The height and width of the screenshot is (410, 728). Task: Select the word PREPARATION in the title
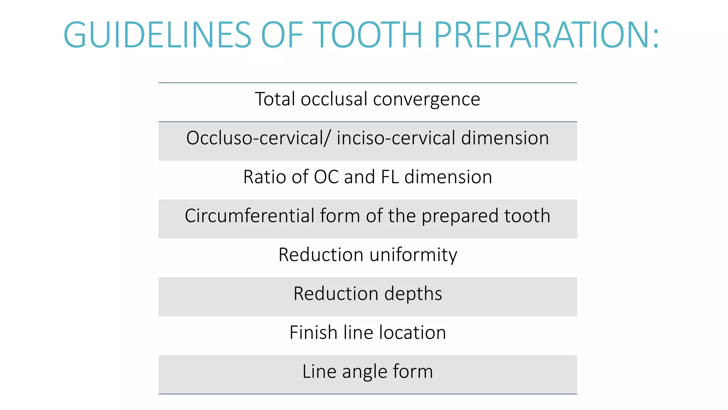(x=542, y=35)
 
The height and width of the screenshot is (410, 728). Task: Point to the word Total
(x=275, y=99)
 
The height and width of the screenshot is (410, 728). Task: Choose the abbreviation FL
(x=390, y=177)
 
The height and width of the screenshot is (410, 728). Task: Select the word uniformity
(x=413, y=255)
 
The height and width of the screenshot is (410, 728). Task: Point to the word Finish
(x=313, y=332)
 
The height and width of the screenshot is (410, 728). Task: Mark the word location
(x=412, y=332)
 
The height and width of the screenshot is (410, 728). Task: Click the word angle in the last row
(x=364, y=372)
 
